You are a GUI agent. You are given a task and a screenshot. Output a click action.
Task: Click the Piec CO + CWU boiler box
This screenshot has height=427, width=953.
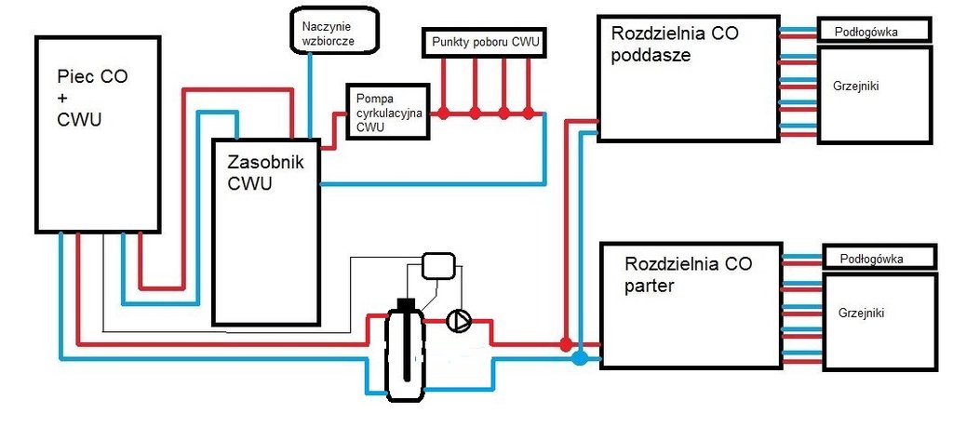pos(95,134)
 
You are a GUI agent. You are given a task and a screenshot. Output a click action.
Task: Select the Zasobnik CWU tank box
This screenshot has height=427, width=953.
pos(266,233)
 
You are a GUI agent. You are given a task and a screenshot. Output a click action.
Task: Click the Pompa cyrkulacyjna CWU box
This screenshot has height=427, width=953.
pos(388,112)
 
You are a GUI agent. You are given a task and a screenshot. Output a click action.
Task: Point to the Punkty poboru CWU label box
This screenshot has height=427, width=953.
pos(486,43)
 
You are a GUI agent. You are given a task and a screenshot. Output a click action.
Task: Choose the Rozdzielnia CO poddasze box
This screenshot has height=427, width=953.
pos(687,78)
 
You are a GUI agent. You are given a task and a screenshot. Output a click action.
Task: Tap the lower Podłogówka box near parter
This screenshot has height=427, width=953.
pos(878,256)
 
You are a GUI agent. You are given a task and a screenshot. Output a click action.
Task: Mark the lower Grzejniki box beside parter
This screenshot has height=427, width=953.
pos(879,320)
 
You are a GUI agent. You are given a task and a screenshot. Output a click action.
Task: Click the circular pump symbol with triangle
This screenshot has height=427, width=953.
pos(459,321)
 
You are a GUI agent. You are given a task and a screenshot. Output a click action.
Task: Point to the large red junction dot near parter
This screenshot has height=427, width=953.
pos(566,344)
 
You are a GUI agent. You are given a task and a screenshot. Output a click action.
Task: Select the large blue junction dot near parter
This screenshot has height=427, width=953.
pos(579,356)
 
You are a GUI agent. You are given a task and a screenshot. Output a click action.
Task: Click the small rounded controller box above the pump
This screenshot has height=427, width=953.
pos(437,266)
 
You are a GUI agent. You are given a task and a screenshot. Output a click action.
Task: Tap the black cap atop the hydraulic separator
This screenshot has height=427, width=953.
pos(405,303)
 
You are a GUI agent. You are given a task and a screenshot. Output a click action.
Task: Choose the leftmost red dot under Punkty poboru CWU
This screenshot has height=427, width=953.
pos(444,113)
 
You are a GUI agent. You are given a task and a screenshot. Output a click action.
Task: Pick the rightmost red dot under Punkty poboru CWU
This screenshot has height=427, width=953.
pos(529,113)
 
